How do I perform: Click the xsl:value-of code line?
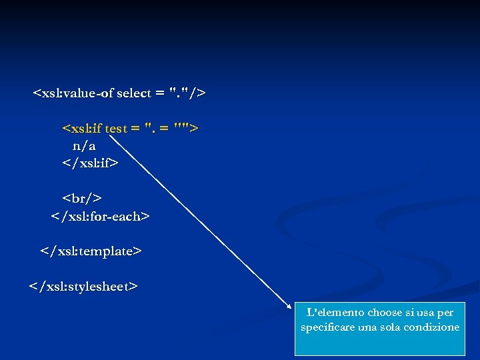click(119, 93)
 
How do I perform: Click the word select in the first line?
click(133, 93)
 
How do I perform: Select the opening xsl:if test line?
click(130, 128)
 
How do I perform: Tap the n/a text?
click(84, 145)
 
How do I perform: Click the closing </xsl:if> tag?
click(90, 162)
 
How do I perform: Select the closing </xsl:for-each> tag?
click(101, 216)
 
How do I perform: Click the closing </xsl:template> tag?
click(91, 251)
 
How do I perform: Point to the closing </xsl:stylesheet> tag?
click(83, 287)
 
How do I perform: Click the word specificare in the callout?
click(327, 327)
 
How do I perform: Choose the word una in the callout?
click(367, 327)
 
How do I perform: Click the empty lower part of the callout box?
click(379, 345)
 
